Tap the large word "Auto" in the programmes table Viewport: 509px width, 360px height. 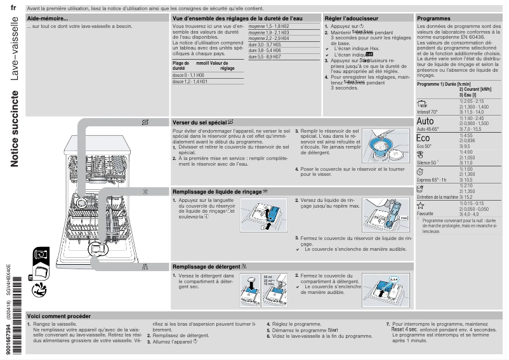[x=425, y=121]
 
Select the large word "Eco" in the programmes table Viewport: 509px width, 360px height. [x=423, y=138]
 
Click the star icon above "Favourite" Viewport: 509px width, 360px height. [x=420, y=206]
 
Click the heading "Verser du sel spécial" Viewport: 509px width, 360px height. [x=203, y=121]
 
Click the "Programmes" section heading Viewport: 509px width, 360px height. [x=433, y=19]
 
